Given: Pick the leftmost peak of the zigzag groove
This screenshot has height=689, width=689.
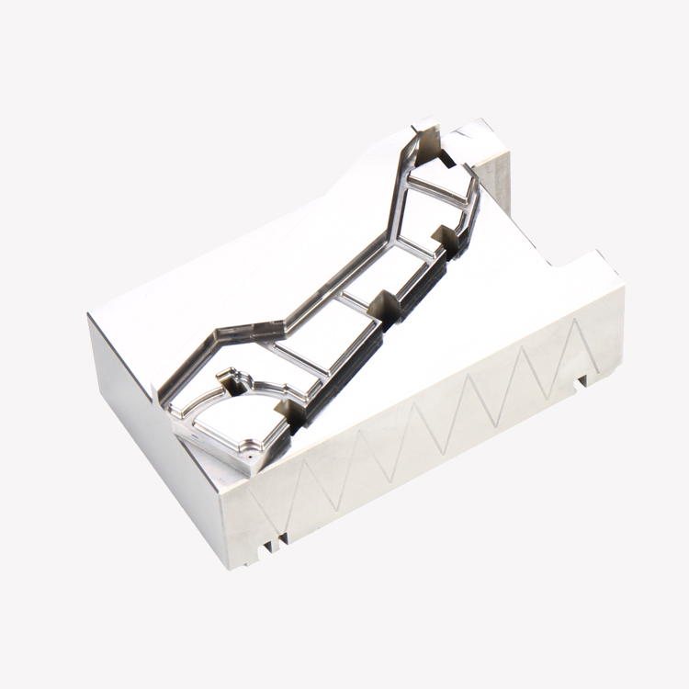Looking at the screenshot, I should point(303,469).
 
